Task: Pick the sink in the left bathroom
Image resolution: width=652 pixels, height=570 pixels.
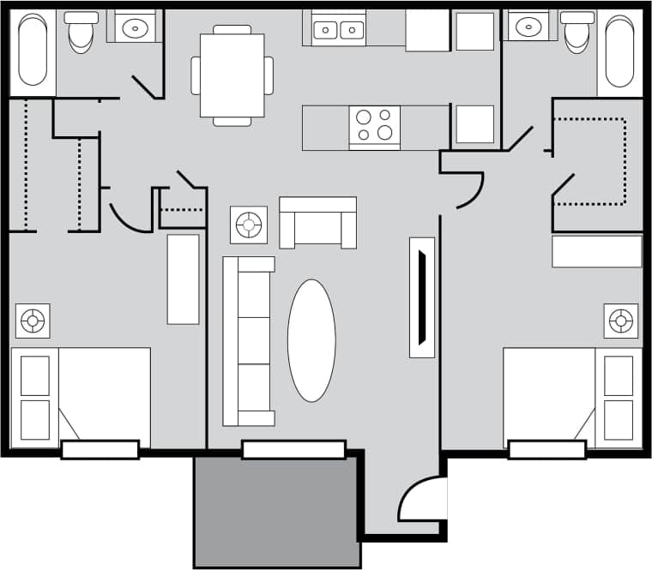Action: click(x=135, y=28)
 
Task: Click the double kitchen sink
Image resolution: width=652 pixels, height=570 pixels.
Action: click(x=338, y=30)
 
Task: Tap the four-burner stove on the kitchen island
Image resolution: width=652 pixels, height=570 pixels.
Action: click(x=375, y=125)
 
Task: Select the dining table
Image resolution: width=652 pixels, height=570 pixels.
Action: click(x=232, y=75)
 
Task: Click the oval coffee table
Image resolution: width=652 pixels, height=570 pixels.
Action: click(x=311, y=340)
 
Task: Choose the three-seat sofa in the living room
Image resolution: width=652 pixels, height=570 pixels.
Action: click(x=248, y=340)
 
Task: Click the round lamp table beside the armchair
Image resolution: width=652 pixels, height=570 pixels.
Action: click(x=249, y=225)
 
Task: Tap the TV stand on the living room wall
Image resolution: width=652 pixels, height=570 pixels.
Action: click(x=422, y=297)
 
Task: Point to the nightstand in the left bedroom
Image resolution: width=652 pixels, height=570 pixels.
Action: click(x=33, y=321)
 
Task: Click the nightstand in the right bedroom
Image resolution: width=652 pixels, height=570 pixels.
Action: click(x=620, y=321)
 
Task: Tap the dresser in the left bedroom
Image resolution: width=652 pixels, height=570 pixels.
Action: click(x=183, y=279)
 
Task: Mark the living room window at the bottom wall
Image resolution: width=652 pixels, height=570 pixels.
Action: click(x=293, y=449)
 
